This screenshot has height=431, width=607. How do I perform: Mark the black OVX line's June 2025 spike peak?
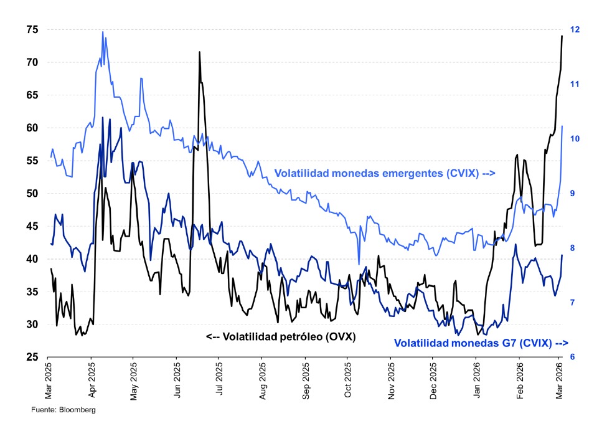(200, 52)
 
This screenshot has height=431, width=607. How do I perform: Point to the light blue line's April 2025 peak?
(103, 32)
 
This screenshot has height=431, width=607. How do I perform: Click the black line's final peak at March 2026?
(562, 36)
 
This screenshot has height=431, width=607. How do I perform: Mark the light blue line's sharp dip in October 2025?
(359, 263)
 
